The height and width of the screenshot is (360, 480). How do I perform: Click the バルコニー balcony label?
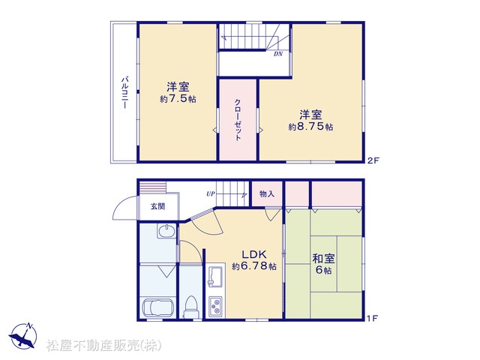[x=124, y=92]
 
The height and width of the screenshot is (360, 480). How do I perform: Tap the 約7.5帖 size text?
[x=178, y=99]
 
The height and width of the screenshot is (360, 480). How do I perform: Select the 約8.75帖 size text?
[x=310, y=127]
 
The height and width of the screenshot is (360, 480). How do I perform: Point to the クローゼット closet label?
[x=238, y=120]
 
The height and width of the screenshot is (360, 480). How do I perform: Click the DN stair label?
[x=278, y=54]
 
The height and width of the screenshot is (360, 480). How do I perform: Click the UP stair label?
[x=210, y=193]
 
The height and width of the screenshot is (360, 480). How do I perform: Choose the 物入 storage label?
[x=267, y=193]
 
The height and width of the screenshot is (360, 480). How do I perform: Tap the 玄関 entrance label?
[x=158, y=206]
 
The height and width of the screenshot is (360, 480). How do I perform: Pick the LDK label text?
[x=254, y=255]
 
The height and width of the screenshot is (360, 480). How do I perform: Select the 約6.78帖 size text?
[x=254, y=266]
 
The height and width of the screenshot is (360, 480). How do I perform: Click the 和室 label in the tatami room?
[x=323, y=259]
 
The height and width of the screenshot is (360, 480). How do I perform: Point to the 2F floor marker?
[x=373, y=160]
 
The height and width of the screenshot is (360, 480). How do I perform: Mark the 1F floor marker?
[x=372, y=318]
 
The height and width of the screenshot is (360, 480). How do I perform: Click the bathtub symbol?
[x=158, y=307]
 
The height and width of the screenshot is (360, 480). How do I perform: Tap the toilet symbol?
[x=191, y=307]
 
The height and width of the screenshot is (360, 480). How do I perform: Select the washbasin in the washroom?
[x=166, y=230]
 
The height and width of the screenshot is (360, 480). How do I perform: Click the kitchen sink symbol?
[x=216, y=276]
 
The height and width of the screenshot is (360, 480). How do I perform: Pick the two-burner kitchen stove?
[x=216, y=307]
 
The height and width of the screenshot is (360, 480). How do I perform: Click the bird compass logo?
[x=23, y=336]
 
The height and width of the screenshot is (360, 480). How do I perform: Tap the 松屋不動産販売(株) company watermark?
[x=103, y=345]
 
